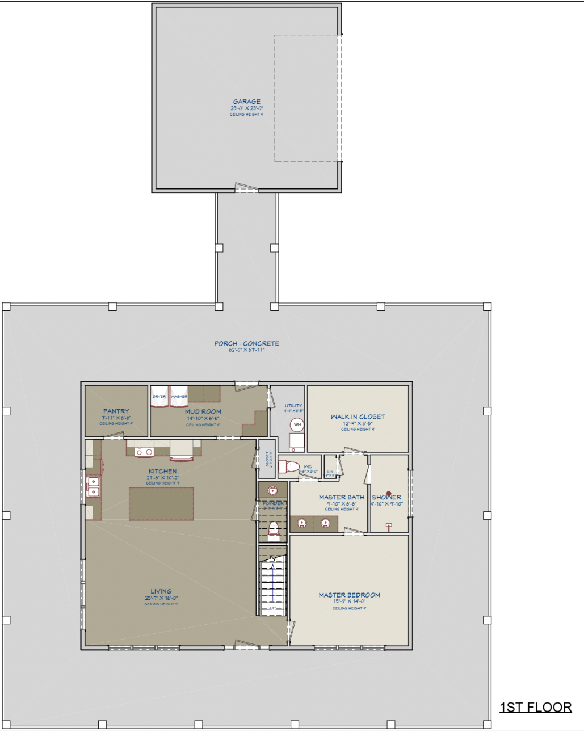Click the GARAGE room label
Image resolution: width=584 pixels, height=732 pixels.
click(x=246, y=102)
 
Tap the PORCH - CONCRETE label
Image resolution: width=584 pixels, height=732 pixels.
click(x=246, y=343)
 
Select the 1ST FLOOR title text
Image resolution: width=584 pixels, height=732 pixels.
click(x=535, y=707)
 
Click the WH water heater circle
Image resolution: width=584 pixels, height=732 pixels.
click(x=297, y=424)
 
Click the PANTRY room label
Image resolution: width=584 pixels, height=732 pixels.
click(x=116, y=411)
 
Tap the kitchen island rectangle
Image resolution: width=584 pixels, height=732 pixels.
click(x=161, y=503)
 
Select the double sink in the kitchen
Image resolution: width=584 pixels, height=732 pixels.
click(x=93, y=487)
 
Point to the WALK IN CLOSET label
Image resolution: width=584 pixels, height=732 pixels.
click(x=358, y=417)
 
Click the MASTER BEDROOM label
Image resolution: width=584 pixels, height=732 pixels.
click(x=350, y=595)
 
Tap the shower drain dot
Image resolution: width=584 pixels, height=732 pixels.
click(x=389, y=494)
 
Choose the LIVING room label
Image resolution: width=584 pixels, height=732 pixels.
click(x=161, y=591)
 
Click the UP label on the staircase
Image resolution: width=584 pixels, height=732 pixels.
click(x=272, y=608)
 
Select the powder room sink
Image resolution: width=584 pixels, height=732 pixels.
click(x=272, y=490)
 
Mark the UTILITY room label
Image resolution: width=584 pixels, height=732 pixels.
click(x=293, y=406)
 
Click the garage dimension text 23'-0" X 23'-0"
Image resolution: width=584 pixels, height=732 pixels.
click(x=246, y=108)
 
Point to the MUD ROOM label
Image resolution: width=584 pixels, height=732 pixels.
click(x=203, y=411)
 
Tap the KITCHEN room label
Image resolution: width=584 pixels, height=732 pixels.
click(x=162, y=471)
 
